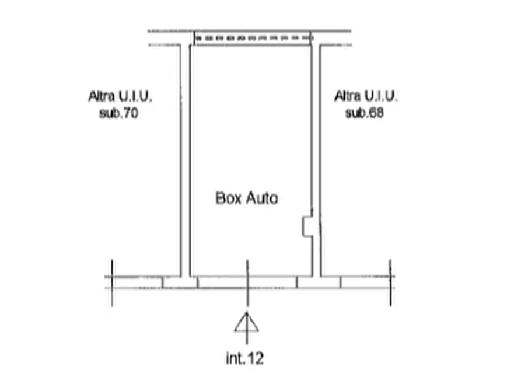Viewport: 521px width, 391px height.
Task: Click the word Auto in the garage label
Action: tap(262, 198)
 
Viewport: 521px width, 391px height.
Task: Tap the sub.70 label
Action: tap(118, 113)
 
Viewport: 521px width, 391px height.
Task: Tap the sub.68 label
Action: tap(365, 113)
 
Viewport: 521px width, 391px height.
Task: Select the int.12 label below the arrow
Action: tap(245, 358)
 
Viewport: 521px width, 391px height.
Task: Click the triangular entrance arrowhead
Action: tap(247, 323)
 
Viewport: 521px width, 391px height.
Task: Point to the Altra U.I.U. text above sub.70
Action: tap(120, 96)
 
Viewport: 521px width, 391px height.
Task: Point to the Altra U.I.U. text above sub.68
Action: tap(366, 96)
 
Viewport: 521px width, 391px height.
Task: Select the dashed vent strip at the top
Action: tap(253, 39)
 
